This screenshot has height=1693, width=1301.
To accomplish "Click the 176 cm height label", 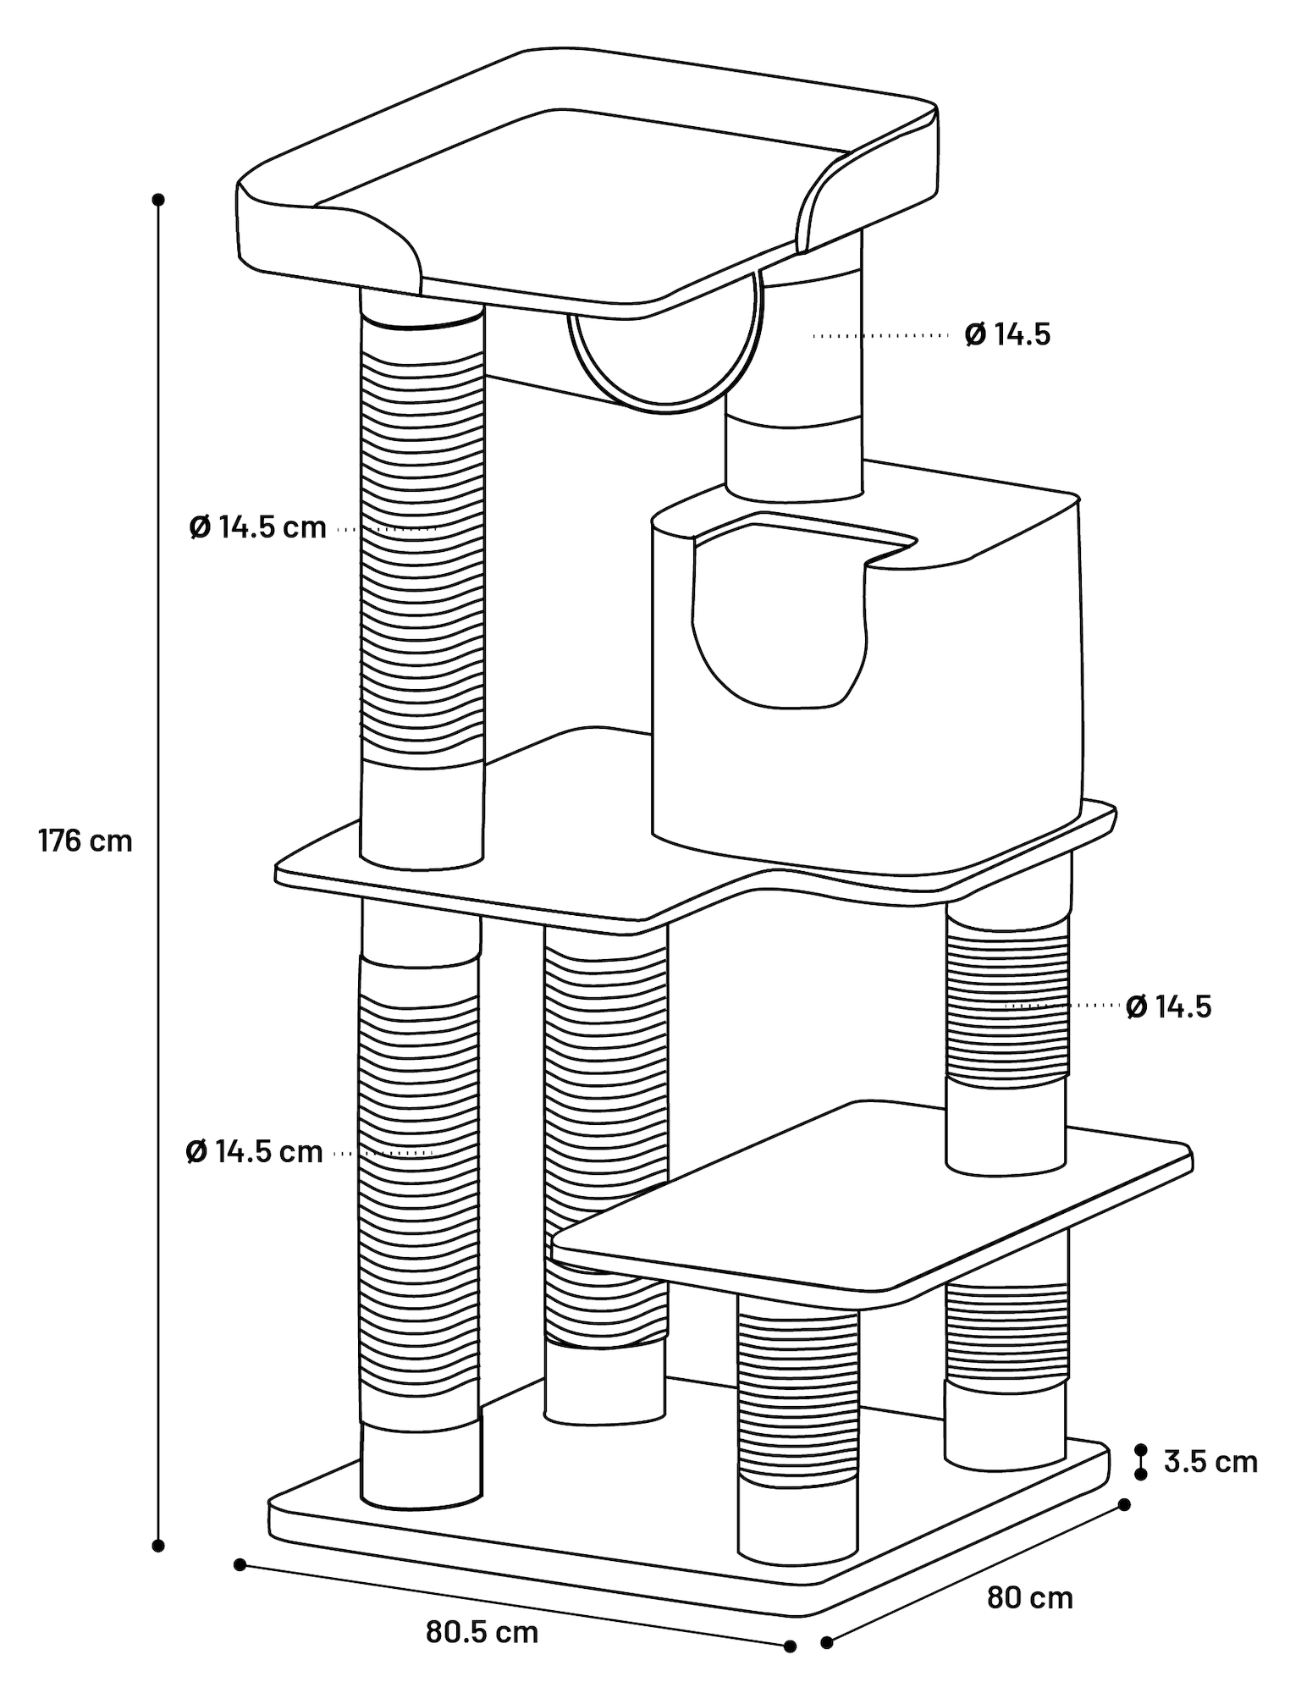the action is tap(85, 841).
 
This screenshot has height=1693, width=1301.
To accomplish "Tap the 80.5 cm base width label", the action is tap(482, 1632).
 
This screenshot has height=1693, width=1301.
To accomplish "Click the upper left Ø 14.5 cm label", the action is tap(258, 527).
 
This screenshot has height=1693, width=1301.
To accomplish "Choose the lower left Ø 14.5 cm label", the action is tap(255, 1152).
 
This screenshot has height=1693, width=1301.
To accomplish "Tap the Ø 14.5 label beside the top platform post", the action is tap(1007, 335).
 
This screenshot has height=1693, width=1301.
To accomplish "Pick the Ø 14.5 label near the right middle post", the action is tap(1169, 1006).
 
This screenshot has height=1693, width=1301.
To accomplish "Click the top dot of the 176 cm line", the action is tap(157, 200).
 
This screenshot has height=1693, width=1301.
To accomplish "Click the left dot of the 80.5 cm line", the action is tap(240, 1564).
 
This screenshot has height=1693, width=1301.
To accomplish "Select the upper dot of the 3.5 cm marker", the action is tap(1141, 1449).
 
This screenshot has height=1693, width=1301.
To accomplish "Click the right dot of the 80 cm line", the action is tap(1124, 1504).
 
